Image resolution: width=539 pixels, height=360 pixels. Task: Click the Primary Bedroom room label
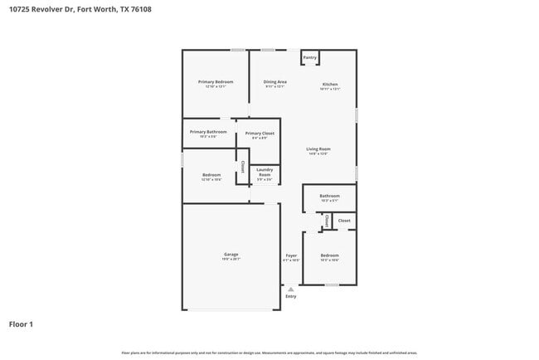pos(215,81)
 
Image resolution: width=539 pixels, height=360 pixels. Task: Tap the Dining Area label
pos(275,81)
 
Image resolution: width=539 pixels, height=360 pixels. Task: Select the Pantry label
pos(309,57)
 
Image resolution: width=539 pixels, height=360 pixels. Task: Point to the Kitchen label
pos(330,85)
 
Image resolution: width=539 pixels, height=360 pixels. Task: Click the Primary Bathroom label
pos(208,132)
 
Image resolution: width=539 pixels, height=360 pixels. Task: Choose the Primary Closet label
pos(260,133)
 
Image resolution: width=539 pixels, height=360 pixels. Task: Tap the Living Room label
pos(318,148)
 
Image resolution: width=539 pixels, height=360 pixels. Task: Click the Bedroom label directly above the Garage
pos(211,174)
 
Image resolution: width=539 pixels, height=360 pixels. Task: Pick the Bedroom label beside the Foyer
pos(329,255)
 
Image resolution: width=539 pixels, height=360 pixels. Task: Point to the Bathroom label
pos(329,196)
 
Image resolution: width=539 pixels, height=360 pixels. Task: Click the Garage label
pos(231,254)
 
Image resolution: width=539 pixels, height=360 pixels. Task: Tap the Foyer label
pos(291,255)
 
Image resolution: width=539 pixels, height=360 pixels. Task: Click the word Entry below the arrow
pos(290,296)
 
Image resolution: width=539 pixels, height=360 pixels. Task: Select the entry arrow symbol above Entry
pos(290,289)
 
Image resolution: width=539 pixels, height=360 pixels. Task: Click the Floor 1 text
pos(21,324)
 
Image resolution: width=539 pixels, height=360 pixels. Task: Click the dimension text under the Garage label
pos(231,260)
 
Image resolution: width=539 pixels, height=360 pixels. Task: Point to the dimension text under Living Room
pos(318,154)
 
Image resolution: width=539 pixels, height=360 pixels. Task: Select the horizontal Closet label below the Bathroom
pos(344,221)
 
